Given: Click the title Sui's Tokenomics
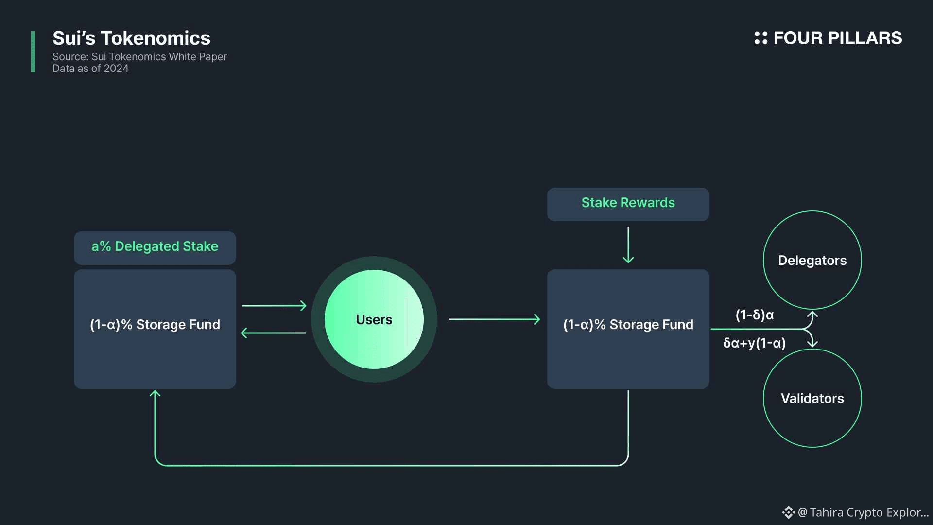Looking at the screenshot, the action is tap(131, 38).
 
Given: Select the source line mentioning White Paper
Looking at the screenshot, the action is tap(139, 57).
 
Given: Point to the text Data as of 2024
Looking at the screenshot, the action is tap(90, 69).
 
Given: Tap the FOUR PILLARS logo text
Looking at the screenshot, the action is tap(837, 38).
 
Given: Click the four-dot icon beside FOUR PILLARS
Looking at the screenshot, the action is tap(760, 38).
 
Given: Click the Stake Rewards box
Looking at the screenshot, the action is tap(628, 204).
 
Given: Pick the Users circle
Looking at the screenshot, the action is tap(374, 319).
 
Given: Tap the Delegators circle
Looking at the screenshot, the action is tap(812, 260).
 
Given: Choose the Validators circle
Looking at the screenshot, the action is tap(812, 398).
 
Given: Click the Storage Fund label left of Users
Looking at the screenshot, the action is tap(155, 325).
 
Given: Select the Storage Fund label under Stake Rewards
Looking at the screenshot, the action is tap(628, 325).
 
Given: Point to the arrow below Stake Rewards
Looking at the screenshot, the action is tap(628, 245).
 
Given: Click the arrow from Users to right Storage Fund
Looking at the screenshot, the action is tap(495, 319).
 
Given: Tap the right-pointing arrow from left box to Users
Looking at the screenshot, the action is tap(274, 306).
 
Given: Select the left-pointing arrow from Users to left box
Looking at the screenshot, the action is tap(273, 333).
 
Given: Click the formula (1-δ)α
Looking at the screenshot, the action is tap(755, 315).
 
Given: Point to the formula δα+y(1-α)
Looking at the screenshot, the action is tap(755, 343).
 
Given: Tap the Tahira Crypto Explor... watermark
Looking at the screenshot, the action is tap(855, 512).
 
